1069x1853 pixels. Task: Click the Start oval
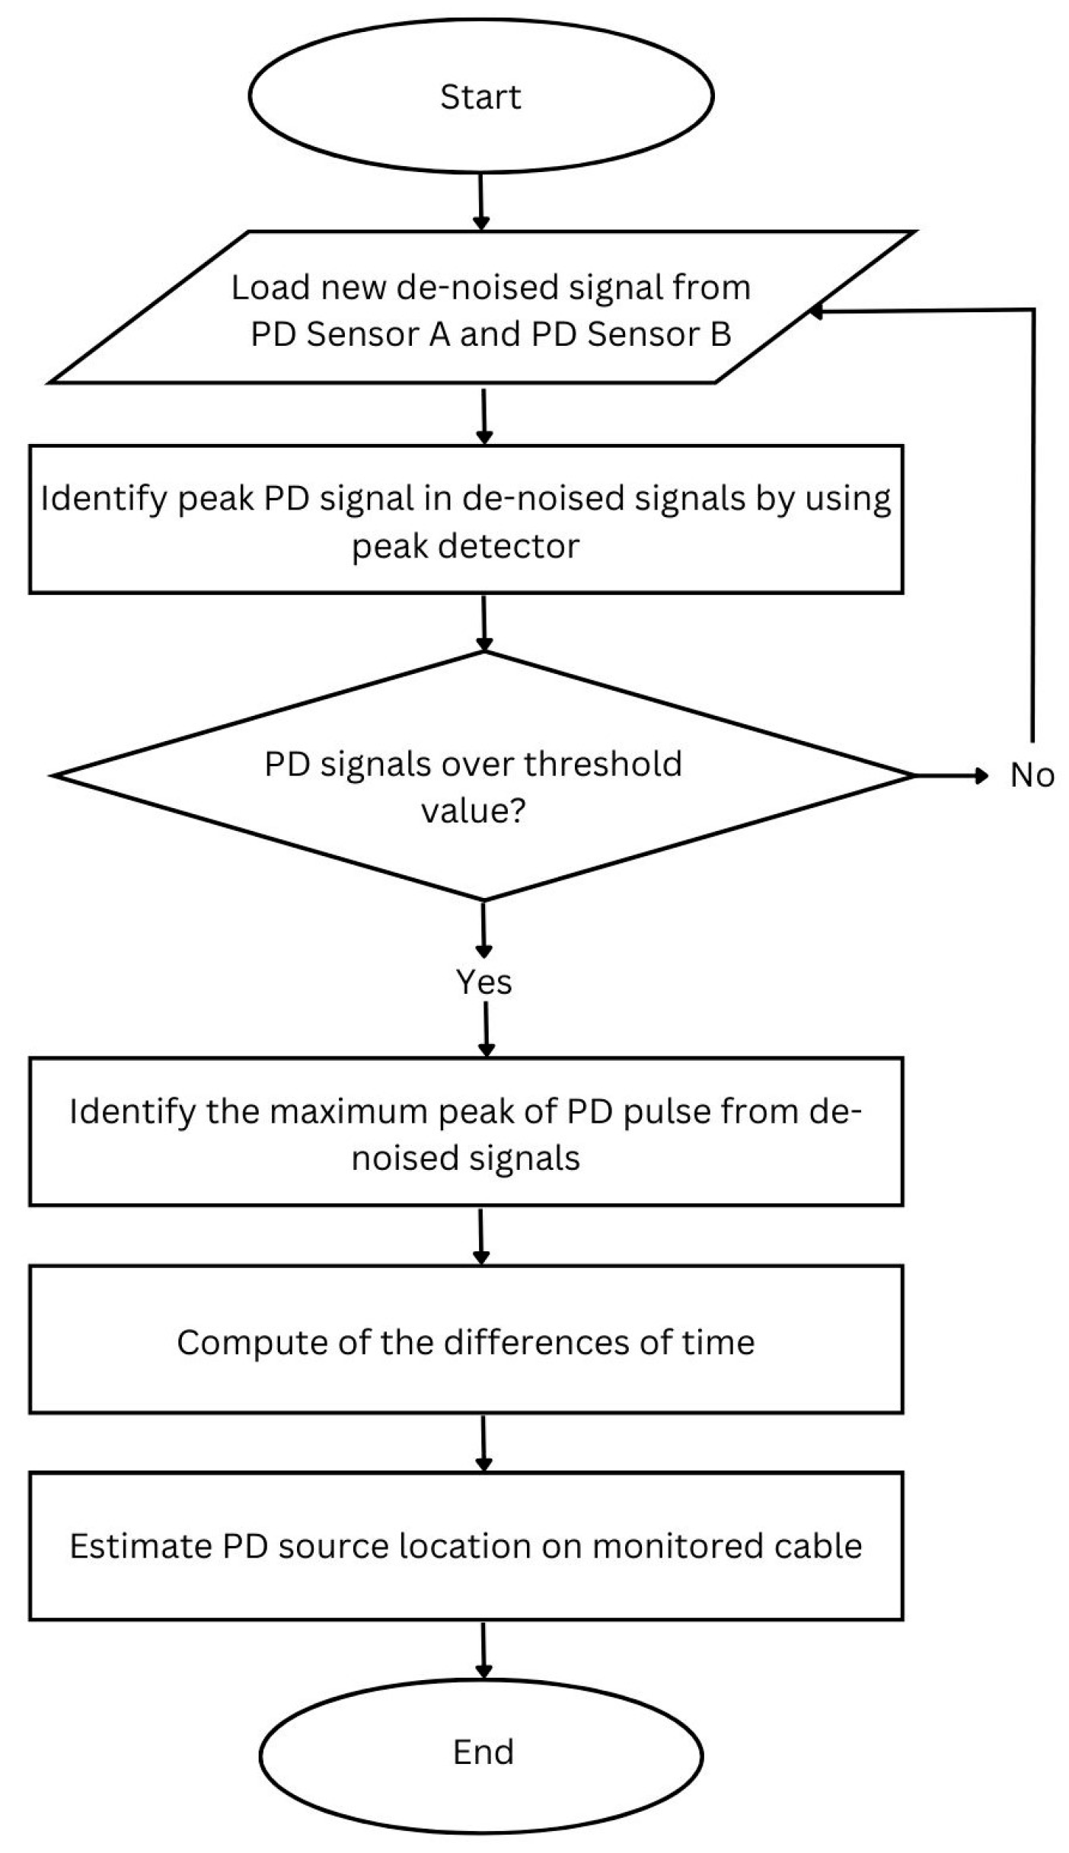tap(480, 96)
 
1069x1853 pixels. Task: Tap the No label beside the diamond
tap(1032, 775)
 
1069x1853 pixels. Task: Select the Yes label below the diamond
tap(484, 982)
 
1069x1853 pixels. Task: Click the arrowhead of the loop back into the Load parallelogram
tap(816, 311)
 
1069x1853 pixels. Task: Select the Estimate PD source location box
tap(466, 1545)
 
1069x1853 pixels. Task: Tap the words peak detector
tap(465, 546)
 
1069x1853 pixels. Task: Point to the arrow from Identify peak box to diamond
tap(483, 622)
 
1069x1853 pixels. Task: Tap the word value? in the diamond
tap(473, 810)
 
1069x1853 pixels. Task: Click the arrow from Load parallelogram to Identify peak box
tap(483, 415)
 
